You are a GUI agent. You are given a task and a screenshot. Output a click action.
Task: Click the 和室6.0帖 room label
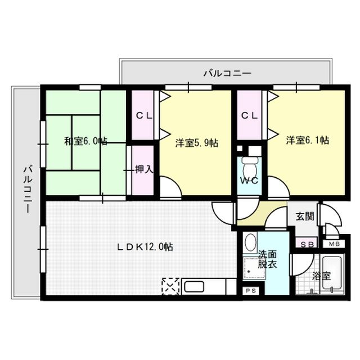click(x=85, y=141)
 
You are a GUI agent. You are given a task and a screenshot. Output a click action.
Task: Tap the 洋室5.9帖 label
click(x=196, y=142)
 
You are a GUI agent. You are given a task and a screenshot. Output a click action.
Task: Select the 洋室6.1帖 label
click(x=307, y=140)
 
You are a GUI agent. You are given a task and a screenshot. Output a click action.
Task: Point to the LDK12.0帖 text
click(x=145, y=247)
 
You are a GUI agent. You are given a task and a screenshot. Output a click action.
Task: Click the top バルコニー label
click(x=227, y=73)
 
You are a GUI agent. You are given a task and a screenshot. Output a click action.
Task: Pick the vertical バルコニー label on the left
click(x=26, y=189)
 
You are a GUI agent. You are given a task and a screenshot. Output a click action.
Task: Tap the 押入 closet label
click(x=143, y=169)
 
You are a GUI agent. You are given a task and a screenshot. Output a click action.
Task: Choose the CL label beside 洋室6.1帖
click(x=250, y=116)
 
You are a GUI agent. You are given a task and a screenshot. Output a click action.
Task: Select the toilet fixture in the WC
click(x=247, y=165)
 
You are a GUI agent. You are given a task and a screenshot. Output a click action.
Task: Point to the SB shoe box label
click(x=307, y=244)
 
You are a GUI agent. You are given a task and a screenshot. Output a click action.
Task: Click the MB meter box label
click(x=334, y=244)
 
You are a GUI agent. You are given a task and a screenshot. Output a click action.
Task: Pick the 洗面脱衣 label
click(x=267, y=259)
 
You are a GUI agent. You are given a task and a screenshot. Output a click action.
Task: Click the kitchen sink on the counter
click(x=194, y=286)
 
